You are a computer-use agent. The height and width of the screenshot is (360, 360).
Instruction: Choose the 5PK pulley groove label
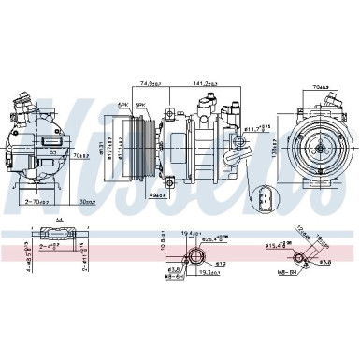point(140,105)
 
